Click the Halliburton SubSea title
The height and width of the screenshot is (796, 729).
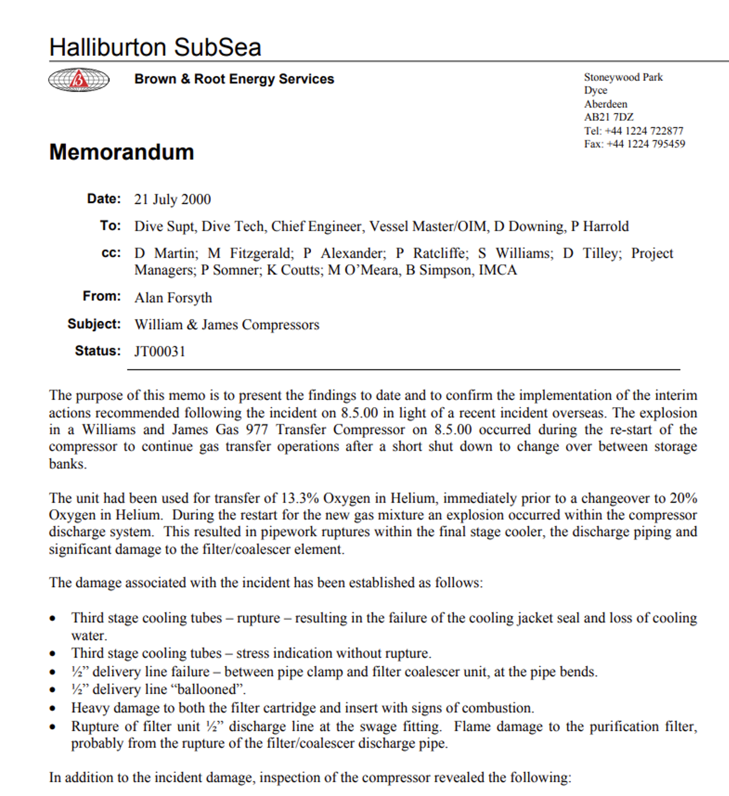(x=155, y=47)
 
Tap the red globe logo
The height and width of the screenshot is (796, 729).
(x=78, y=80)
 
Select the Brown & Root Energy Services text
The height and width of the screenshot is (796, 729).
(x=234, y=79)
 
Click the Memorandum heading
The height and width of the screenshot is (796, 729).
(x=122, y=152)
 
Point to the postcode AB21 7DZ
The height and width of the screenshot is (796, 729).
(x=609, y=117)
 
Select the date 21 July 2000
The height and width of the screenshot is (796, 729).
(x=173, y=199)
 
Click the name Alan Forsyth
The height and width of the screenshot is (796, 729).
(x=173, y=298)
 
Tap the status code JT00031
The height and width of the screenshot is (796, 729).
(x=160, y=351)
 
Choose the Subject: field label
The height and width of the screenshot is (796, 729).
(x=94, y=324)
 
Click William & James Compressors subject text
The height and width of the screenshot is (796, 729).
(x=227, y=325)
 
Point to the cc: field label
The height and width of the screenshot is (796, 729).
(x=111, y=253)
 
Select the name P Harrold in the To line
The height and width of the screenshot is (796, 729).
(x=600, y=227)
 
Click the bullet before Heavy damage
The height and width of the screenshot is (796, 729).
(x=53, y=709)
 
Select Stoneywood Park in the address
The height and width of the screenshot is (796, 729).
(x=623, y=77)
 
